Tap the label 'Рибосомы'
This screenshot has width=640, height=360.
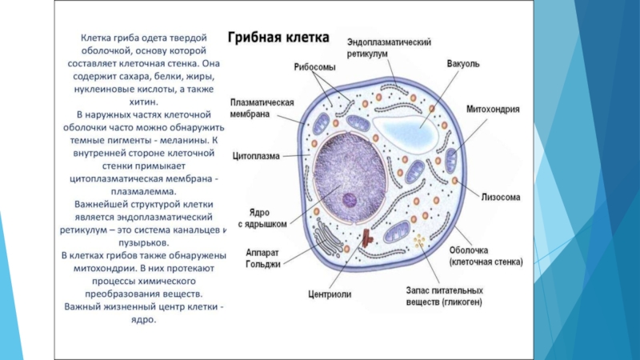314,67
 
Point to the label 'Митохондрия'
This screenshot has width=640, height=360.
494,110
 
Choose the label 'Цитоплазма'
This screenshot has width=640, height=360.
256,156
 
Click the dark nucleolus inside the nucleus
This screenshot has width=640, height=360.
350,201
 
